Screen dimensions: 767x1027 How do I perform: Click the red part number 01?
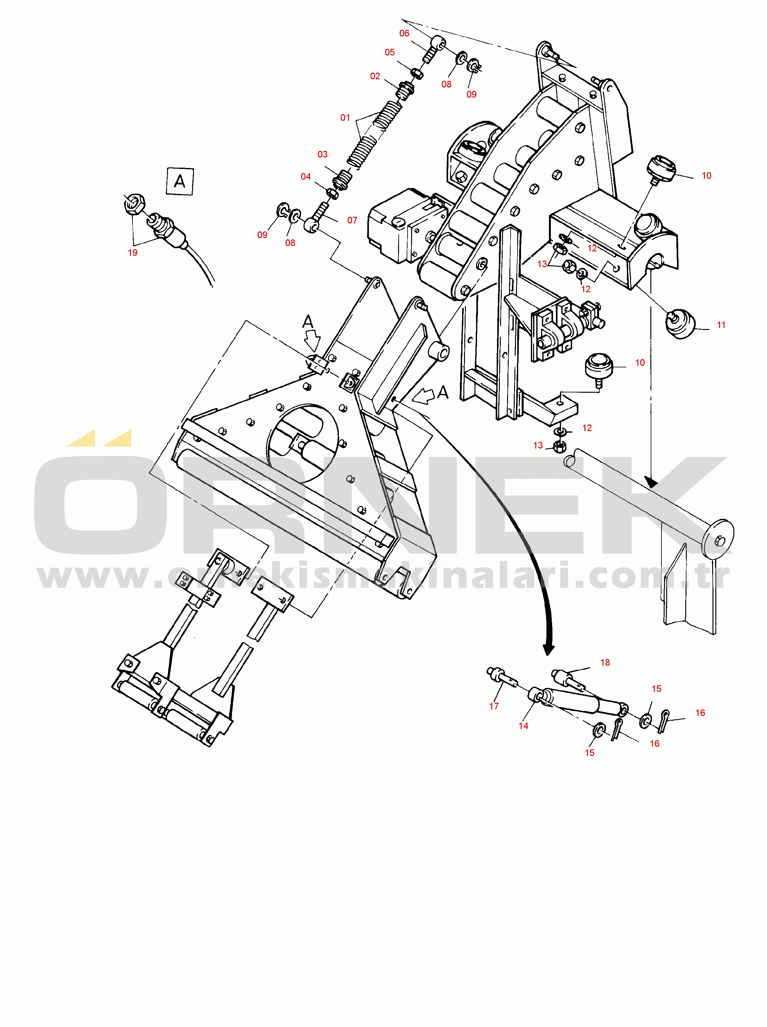click(x=345, y=118)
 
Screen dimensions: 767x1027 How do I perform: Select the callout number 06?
click(x=404, y=33)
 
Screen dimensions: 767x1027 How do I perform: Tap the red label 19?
click(x=133, y=253)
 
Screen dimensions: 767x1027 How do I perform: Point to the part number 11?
click(x=721, y=325)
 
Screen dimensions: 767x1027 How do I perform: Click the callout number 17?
click(x=494, y=706)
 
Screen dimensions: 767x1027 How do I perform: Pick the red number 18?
click(x=605, y=662)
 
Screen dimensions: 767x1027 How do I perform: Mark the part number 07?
click(x=352, y=221)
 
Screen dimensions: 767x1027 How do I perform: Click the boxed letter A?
click(x=180, y=181)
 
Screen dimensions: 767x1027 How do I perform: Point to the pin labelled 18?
click(x=567, y=678)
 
